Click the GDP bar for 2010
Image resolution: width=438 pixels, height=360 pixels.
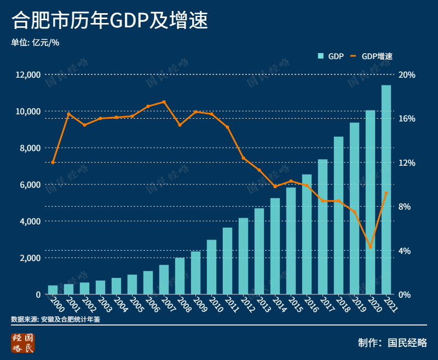211,267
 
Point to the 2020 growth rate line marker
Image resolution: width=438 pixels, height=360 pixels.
371,247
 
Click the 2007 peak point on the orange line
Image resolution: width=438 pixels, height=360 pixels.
164,102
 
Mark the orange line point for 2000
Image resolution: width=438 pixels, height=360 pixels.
53,162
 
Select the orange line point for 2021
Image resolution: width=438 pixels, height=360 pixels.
387,193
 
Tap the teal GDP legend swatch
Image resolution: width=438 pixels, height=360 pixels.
321,56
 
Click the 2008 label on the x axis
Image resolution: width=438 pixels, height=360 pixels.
183,304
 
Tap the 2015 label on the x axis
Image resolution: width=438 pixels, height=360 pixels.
295,304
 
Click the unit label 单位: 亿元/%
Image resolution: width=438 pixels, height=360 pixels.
35,42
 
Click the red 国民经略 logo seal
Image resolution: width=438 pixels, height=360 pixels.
23,342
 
